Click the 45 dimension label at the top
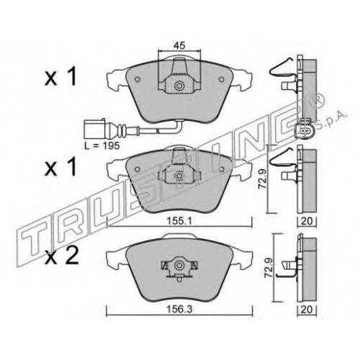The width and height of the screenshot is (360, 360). tap(179, 45)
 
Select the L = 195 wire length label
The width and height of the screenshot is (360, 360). tap(102, 145)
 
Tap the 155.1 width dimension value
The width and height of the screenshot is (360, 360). tap(180, 221)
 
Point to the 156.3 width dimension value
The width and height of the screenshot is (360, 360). tap(180, 310)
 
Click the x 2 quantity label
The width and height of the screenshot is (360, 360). tap(62, 256)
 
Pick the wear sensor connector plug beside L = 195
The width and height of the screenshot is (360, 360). tap(94, 130)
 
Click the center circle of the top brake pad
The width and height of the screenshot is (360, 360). tap(179, 86)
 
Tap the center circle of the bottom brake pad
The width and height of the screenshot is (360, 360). tap(179, 265)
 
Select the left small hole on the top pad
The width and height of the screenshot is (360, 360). tap(138, 79)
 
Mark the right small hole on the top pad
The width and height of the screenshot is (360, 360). tap(221, 79)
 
